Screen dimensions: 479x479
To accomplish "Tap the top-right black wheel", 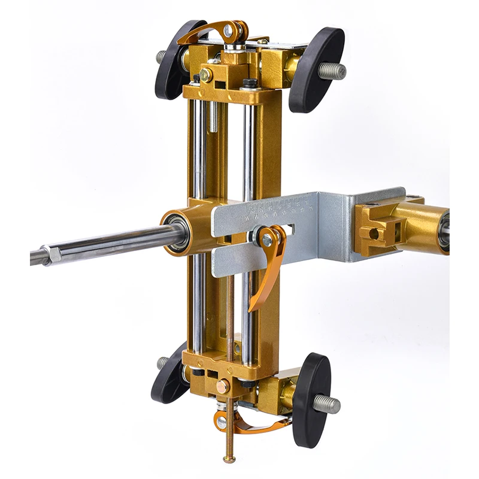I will point(317,69).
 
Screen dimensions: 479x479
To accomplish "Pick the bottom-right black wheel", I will point(312,399).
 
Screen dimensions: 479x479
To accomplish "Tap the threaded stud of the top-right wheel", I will point(332,71).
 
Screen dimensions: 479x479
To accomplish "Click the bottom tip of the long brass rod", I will point(229,459).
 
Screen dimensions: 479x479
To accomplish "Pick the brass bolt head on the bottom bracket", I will point(222,386).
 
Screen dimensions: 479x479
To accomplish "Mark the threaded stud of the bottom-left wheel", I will point(162,362).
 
